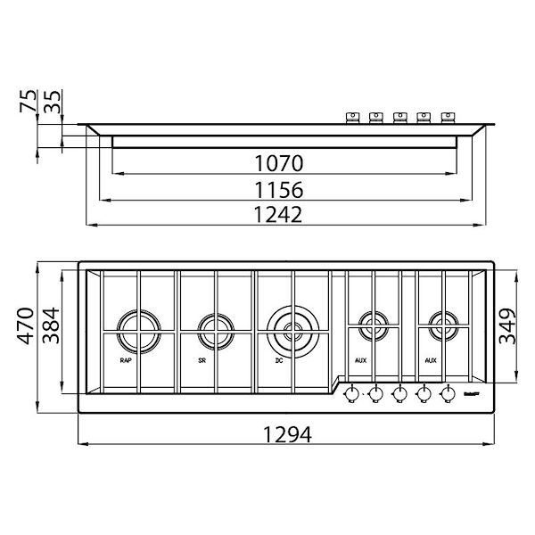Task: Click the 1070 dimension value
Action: click(x=278, y=163)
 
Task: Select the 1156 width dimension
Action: click(x=278, y=189)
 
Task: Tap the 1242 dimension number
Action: click(x=278, y=215)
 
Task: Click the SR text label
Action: click(x=202, y=361)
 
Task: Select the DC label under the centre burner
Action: click(x=279, y=361)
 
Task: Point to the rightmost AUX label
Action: click(x=431, y=361)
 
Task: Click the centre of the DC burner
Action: click(x=292, y=327)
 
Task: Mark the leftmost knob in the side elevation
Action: click(x=352, y=116)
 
